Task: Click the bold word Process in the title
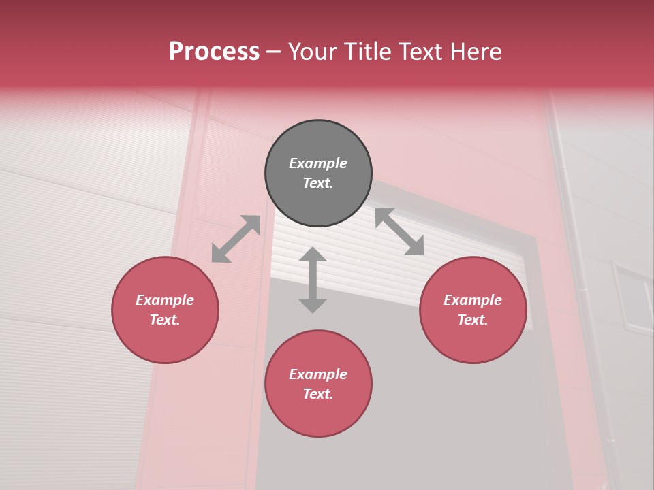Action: point(214,52)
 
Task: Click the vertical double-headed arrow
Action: point(313,280)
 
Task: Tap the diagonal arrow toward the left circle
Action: point(236,239)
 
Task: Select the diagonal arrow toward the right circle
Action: point(400,231)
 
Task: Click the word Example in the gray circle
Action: point(318,163)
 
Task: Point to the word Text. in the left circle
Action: point(165,320)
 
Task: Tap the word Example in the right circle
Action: point(473,300)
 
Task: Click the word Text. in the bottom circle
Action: point(318,394)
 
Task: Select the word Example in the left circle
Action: point(165,300)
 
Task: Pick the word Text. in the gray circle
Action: point(318,183)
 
